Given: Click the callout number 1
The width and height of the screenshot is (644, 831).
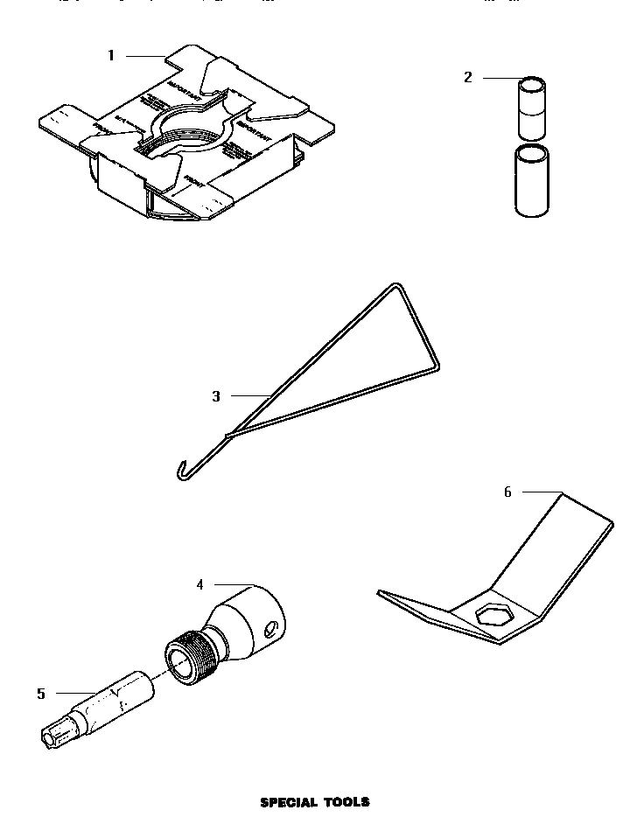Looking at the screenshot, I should (111, 56).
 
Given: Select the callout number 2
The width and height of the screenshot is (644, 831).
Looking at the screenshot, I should (467, 78).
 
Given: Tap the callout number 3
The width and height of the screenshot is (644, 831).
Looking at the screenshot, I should (216, 396).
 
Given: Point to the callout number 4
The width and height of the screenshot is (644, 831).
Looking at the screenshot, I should (199, 583).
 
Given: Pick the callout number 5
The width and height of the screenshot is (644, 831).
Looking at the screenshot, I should (41, 694).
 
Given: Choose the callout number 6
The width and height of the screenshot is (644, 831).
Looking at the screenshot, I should (507, 492).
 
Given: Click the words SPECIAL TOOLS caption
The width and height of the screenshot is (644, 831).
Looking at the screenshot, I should (315, 801).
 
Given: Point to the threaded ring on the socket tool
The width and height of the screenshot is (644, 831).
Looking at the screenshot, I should (188, 657).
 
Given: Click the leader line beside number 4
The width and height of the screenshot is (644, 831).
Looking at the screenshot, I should (233, 583).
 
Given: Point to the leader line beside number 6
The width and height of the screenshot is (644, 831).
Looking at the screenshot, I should (541, 492).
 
